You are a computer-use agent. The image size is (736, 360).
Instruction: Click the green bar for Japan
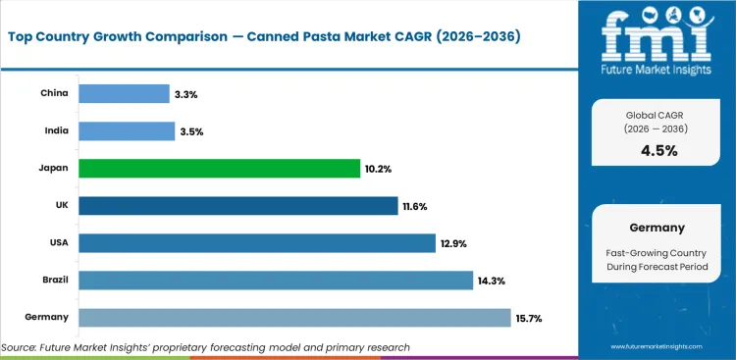point(219,169)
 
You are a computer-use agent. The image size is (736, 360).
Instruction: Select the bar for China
point(124,94)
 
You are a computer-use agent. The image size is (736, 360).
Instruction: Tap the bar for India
point(127,131)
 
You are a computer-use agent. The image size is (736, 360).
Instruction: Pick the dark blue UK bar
point(238,206)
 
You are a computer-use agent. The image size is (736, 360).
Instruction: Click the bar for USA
point(256,243)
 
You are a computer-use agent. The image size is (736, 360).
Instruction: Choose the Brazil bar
point(275,281)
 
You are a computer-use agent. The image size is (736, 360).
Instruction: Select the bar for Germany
point(294,318)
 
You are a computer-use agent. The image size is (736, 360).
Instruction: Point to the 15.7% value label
point(530,318)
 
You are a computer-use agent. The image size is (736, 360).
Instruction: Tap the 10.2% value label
point(379,169)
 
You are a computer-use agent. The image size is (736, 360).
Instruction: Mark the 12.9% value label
point(454,243)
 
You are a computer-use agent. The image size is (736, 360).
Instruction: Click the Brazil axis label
point(54,281)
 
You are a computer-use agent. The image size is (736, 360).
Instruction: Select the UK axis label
point(61,206)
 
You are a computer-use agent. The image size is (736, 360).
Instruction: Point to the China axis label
point(54,94)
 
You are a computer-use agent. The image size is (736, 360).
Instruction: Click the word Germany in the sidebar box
point(656,228)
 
